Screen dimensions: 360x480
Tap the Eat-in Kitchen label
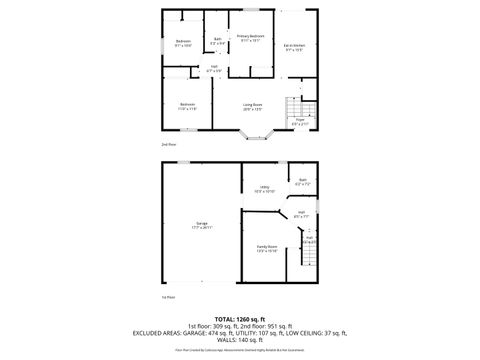coord(293,46)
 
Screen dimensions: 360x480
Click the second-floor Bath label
coord(217,41)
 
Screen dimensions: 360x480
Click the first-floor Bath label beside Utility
coord(304,183)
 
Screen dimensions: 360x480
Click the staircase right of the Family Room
coord(308,262)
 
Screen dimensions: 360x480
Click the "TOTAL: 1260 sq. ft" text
coord(240,318)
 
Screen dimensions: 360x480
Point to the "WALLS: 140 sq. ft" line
coord(240,341)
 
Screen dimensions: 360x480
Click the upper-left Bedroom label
coord(183,43)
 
